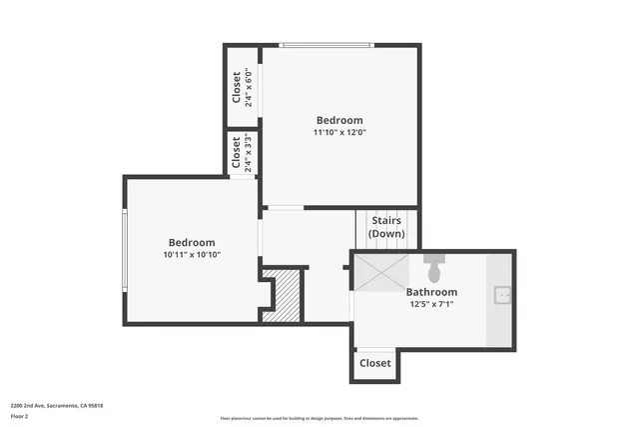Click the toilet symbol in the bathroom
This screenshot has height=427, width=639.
coord(433,268)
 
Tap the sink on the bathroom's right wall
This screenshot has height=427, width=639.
coord(503,295)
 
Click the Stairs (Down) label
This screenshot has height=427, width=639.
coord(387,227)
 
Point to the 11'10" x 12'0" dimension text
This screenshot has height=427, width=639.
coord(338,132)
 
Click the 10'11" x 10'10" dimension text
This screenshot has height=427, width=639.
coord(192,255)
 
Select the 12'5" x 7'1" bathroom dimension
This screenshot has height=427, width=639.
coord(431,304)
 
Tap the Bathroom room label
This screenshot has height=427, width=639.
coord(431,292)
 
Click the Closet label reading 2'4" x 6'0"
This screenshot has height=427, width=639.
coord(242,86)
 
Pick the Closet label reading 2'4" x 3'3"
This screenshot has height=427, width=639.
coord(242,153)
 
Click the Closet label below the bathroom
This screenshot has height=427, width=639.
coord(374,363)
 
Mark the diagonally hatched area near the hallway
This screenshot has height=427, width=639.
coord(289,296)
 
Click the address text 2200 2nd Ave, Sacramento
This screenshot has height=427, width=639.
coord(57,405)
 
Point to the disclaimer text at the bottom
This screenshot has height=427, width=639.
coord(319,418)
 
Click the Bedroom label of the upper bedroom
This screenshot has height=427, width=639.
coord(339,120)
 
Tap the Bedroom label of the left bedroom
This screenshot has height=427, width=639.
coord(192,243)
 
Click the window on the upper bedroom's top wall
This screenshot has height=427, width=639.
coord(325,45)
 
